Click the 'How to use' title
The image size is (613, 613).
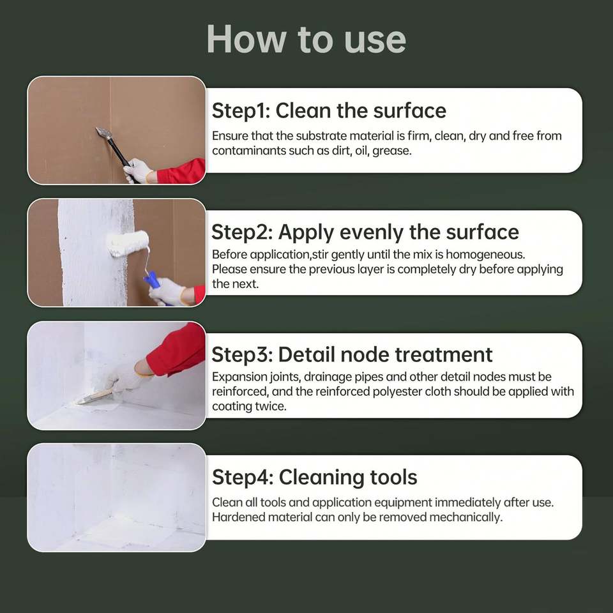point(306,39)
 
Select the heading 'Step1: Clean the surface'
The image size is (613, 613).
point(329,110)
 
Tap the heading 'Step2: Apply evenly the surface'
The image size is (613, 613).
point(365,232)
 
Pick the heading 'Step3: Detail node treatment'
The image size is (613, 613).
point(352,354)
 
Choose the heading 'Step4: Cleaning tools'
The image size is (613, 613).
point(315,478)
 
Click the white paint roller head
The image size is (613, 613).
point(128,243)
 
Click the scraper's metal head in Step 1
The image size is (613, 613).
point(104,133)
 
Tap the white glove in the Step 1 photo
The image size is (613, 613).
point(137,170)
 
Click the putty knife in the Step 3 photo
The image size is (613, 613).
point(94,397)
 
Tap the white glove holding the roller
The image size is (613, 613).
point(167,292)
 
